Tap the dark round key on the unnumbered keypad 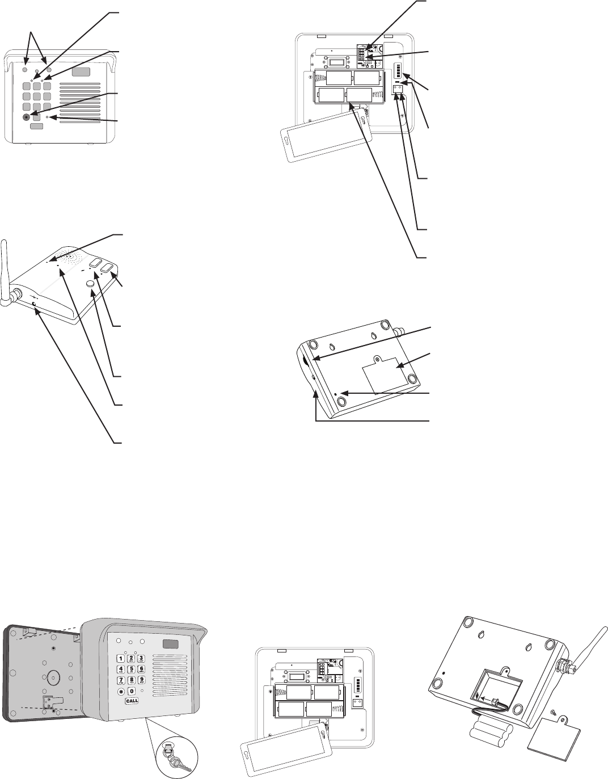27,117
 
